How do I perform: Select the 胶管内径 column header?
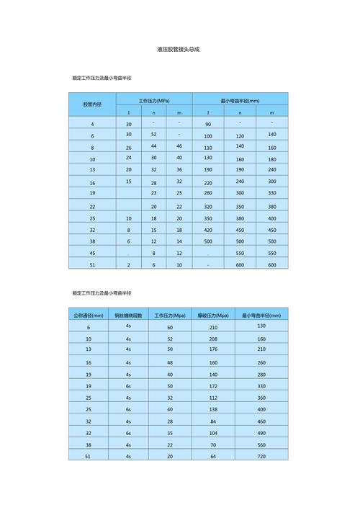tap(92, 104)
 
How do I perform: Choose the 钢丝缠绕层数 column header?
tap(128, 316)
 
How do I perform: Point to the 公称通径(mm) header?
tap(89, 316)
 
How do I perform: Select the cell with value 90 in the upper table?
tap(208, 125)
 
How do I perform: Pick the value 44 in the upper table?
tap(153, 146)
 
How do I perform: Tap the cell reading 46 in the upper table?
tap(179, 146)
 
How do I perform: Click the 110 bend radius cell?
tap(208, 147)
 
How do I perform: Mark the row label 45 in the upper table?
tap(92, 253)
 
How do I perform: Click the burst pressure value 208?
tap(213, 339)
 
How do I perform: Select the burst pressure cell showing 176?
tap(213, 349)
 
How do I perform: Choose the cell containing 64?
tap(213, 457)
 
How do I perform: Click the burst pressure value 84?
tap(213, 421)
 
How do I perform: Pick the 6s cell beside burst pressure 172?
tap(128, 386)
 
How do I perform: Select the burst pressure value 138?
tap(213, 409)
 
